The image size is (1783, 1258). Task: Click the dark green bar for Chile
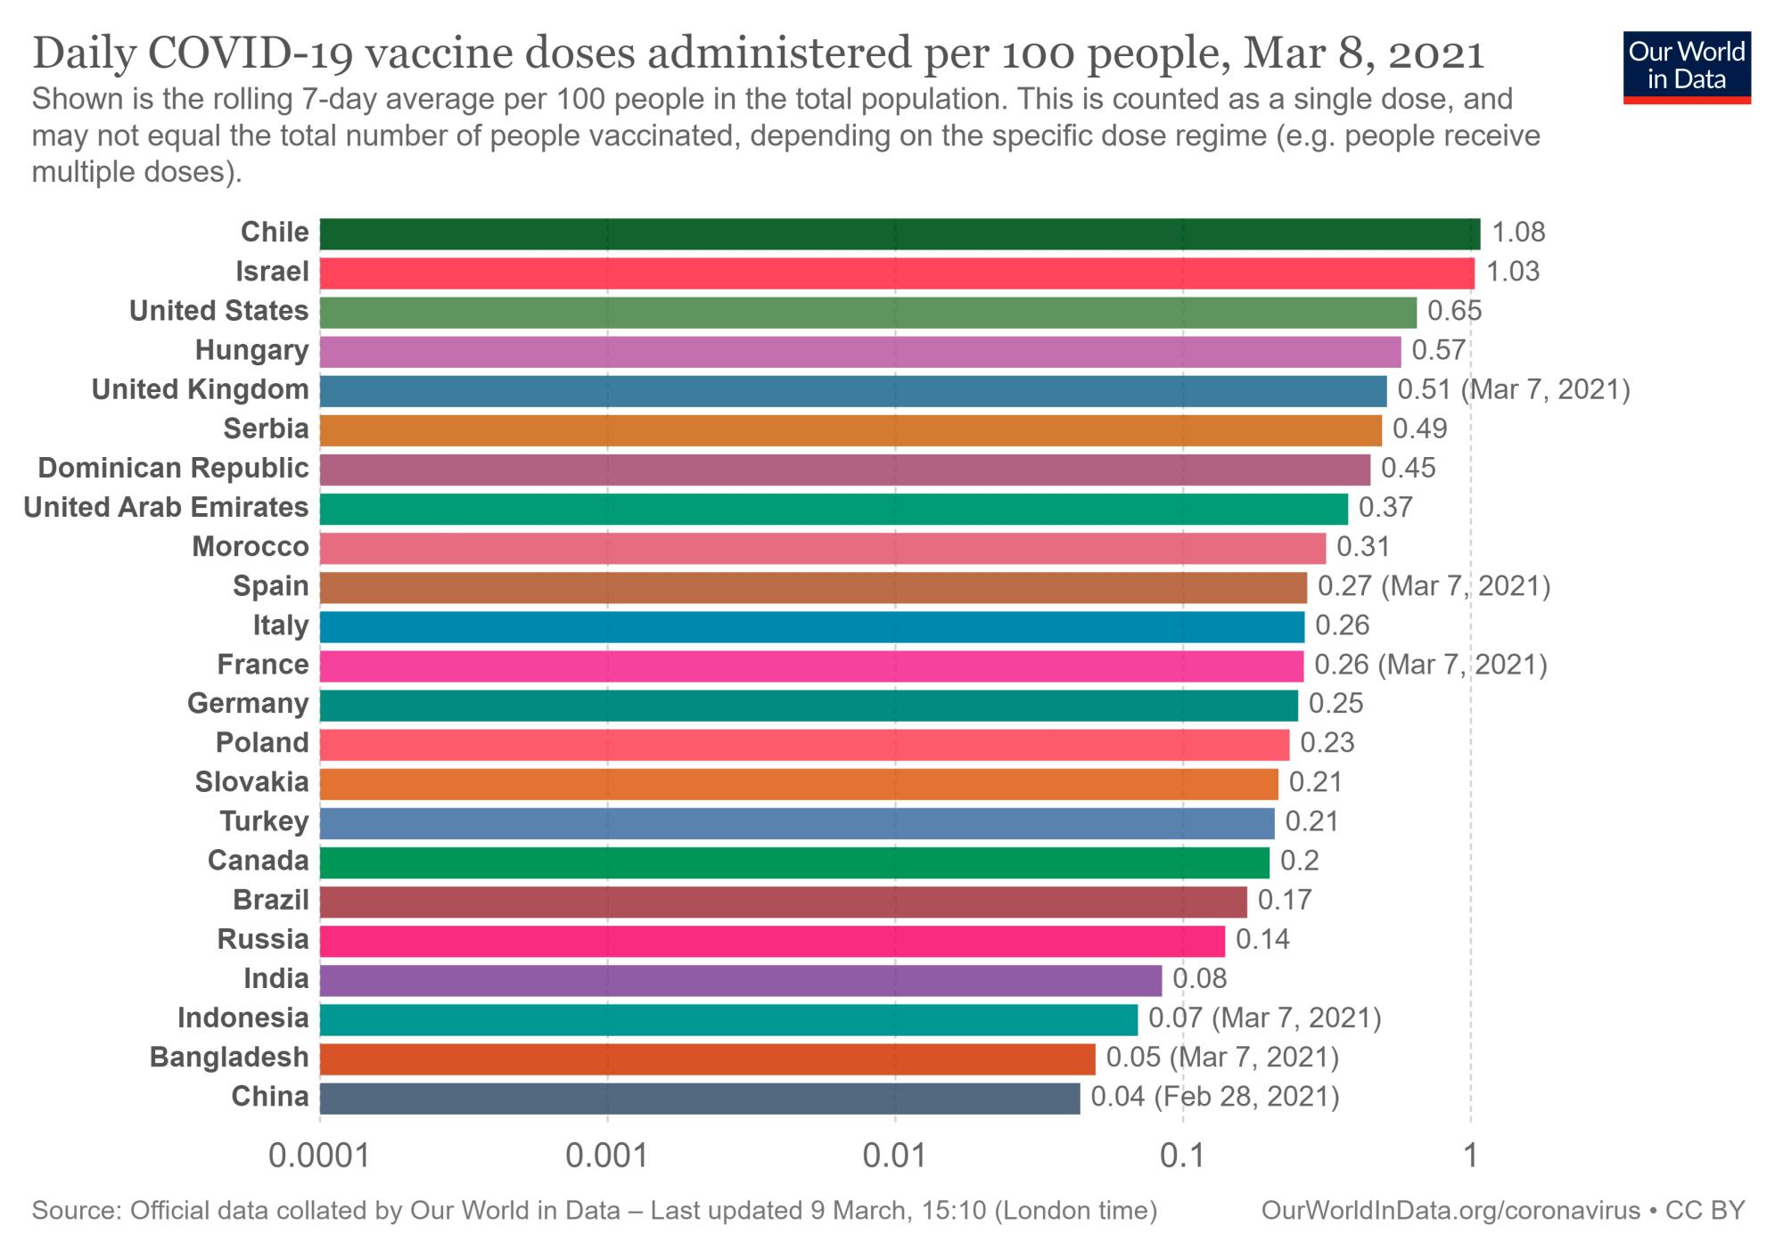899,234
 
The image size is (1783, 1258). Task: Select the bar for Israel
896,274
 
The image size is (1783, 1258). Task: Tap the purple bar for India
740,980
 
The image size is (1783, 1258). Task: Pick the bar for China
699,1098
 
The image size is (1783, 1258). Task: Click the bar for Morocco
822,548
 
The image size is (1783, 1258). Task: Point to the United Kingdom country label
201,390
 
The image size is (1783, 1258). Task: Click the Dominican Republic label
174,469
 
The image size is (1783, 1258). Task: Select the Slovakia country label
252,782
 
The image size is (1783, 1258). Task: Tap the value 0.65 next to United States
1454,311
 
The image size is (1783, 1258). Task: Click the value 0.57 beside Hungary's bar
1438,350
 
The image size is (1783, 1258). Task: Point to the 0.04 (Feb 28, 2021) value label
1214,1097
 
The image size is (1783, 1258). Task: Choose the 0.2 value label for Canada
1299,861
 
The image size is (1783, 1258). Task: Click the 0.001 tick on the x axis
607,1156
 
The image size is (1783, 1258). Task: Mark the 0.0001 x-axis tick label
320,1156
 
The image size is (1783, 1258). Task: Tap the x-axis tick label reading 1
1470,1156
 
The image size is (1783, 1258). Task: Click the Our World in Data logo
1687,68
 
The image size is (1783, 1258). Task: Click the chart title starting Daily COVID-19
758,53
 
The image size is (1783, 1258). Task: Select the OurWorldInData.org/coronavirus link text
1450,1211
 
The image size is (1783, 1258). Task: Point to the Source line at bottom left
595,1211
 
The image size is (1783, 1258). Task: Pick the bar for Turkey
796,822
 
